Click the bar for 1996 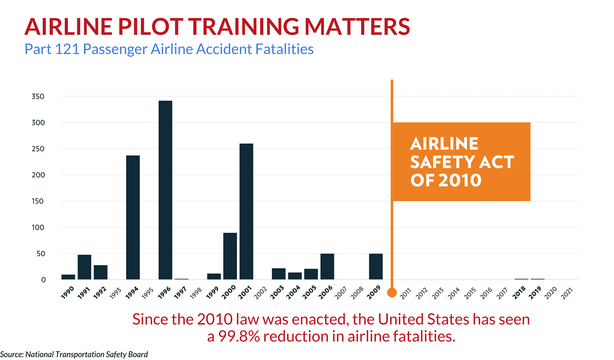tap(165, 190)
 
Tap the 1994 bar tap(133, 217)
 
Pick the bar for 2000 tap(230, 256)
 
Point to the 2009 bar tap(376, 267)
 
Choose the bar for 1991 tap(84, 267)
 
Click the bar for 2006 tap(327, 267)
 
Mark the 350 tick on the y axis tap(38, 97)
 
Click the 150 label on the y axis tap(38, 201)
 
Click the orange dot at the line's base tap(392, 293)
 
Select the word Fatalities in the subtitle tap(284, 49)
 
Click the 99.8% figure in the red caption tap(239, 336)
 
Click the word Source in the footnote tap(11, 354)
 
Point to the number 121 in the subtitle tap(67, 49)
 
